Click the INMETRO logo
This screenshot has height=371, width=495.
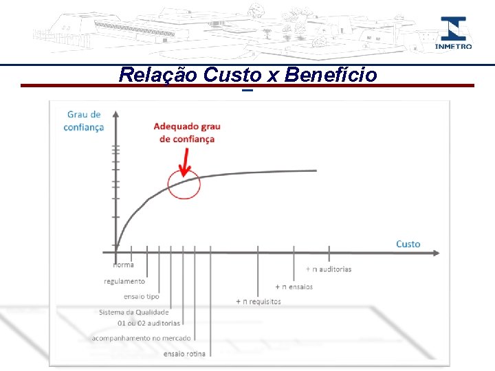pyautogui.click(x=453, y=33)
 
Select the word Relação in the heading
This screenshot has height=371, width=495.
pyautogui.click(x=159, y=75)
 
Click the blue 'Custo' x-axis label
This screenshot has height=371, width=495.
pyautogui.click(x=408, y=244)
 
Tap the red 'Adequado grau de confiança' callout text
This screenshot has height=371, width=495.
pyautogui.click(x=186, y=133)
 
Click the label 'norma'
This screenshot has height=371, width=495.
pyautogui.click(x=124, y=265)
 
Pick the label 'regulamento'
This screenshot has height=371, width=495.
pyautogui.click(x=124, y=281)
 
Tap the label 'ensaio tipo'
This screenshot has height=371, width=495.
pyautogui.click(x=141, y=297)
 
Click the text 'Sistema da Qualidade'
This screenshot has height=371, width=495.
pyautogui.click(x=133, y=312)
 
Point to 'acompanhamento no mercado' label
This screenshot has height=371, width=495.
pyautogui.click(x=141, y=338)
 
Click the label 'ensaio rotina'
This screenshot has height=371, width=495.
pyautogui.click(x=184, y=354)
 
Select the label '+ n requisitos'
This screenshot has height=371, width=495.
pyautogui.click(x=258, y=302)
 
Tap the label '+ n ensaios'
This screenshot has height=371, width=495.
pyautogui.click(x=294, y=286)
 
